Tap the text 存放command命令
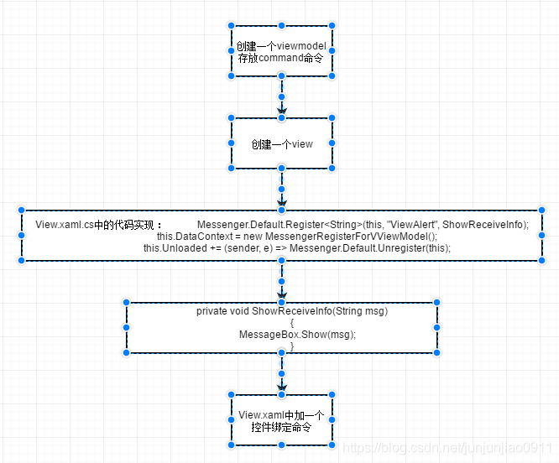(282, 58)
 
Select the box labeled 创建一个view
(282, 143)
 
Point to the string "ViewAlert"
(411, 225)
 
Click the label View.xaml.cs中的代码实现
(97, 225)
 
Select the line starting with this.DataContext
(297, 237)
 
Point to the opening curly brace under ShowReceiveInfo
(292, 322)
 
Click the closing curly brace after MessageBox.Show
(292, 346)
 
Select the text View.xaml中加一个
(282, 414)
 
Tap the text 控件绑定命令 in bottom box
(282, 426)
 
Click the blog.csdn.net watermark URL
(449, 450)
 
